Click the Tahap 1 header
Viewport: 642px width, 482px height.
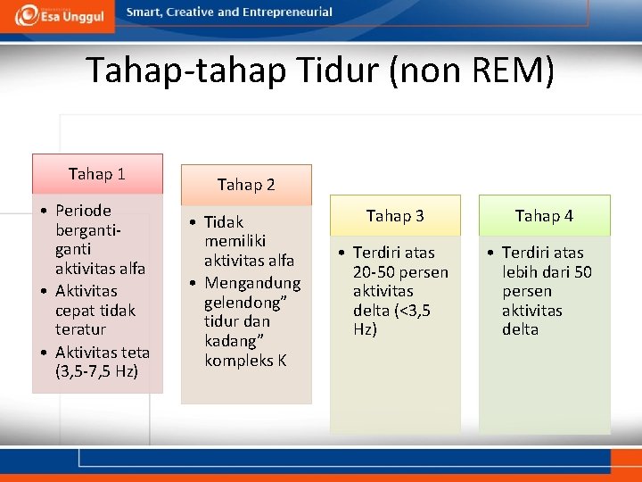[97, 173]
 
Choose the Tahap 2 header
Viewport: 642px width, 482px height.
[246, 185]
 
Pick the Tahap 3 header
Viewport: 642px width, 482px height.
[395, 215]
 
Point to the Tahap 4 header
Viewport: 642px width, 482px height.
[544, 215]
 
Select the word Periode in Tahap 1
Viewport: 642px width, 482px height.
[83, 211]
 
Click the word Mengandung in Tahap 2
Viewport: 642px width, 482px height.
[252, 283]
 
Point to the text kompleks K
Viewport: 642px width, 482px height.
[245, 361]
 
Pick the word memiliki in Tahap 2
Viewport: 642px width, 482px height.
[235, 241]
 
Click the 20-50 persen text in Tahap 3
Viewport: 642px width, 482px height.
[400, 272]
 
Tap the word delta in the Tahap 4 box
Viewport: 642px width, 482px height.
[520, 329]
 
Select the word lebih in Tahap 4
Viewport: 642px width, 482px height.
[521, 272]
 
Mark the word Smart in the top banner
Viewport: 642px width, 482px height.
[144, 12]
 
